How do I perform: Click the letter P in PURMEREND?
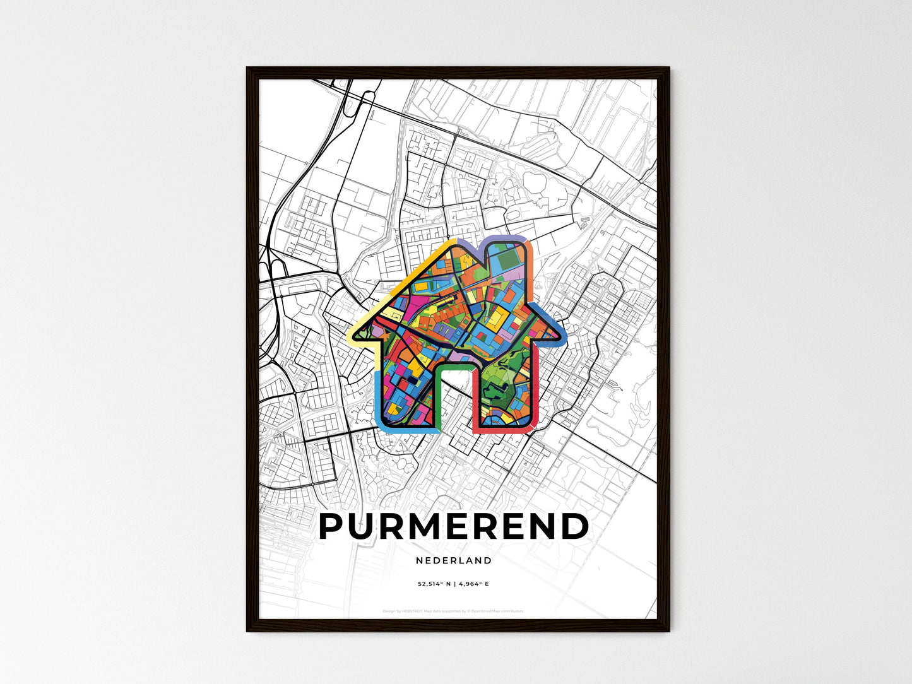(x=335, y=527)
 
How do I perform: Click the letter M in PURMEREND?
(x=428, y=527)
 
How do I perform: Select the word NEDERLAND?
(x=454, y=560)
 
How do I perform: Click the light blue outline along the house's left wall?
(x=377, y=398)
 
